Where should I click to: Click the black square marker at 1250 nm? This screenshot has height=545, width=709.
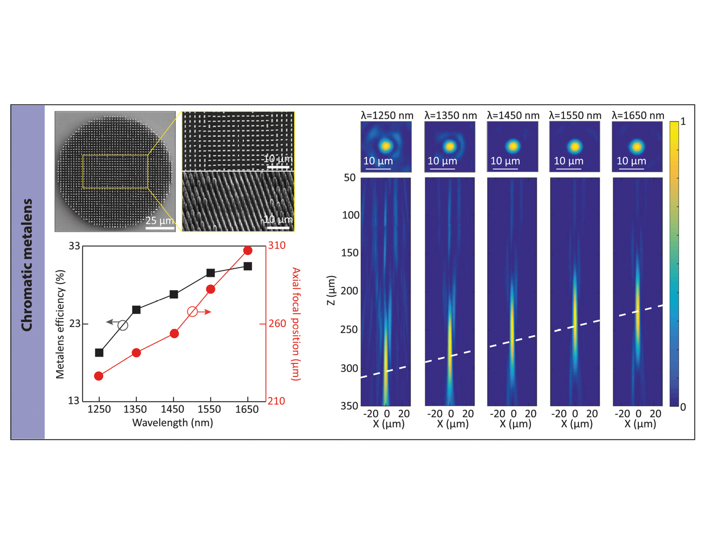(x=99, y=353)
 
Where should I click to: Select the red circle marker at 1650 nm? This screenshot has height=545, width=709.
(x=248, y=250)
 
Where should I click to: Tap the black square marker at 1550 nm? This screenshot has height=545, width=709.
(x=210, y=272)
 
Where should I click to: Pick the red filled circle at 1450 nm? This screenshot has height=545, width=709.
(x=174, y=334)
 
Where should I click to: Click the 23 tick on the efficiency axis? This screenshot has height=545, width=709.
(x=74, y=324)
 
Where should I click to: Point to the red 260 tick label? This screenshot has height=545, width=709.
(x=277, y=324)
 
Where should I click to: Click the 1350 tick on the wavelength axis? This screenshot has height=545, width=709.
(x=135, y=410)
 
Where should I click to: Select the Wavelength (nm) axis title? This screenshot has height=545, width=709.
(x=172, y=423)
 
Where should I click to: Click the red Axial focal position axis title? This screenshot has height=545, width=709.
(x=296, y=324)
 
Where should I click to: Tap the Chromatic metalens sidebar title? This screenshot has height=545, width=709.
(x=27, y=265)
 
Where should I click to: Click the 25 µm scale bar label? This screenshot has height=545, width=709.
(x=159, y=221)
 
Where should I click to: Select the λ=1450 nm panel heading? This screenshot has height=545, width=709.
(x=513, y=115)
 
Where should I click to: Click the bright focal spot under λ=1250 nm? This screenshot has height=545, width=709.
(x=386, y=146)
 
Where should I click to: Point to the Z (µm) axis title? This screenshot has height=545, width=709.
(x=331, y=290)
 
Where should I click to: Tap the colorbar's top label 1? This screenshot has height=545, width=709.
(x=683, y=122)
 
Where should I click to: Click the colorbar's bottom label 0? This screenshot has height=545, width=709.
(x=683, y=407)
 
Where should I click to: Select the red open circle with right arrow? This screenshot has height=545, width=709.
(x=192, y=312)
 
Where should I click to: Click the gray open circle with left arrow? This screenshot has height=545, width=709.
(x=123, y=325)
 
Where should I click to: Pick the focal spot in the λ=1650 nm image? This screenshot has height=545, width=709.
(x=637, y=146)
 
